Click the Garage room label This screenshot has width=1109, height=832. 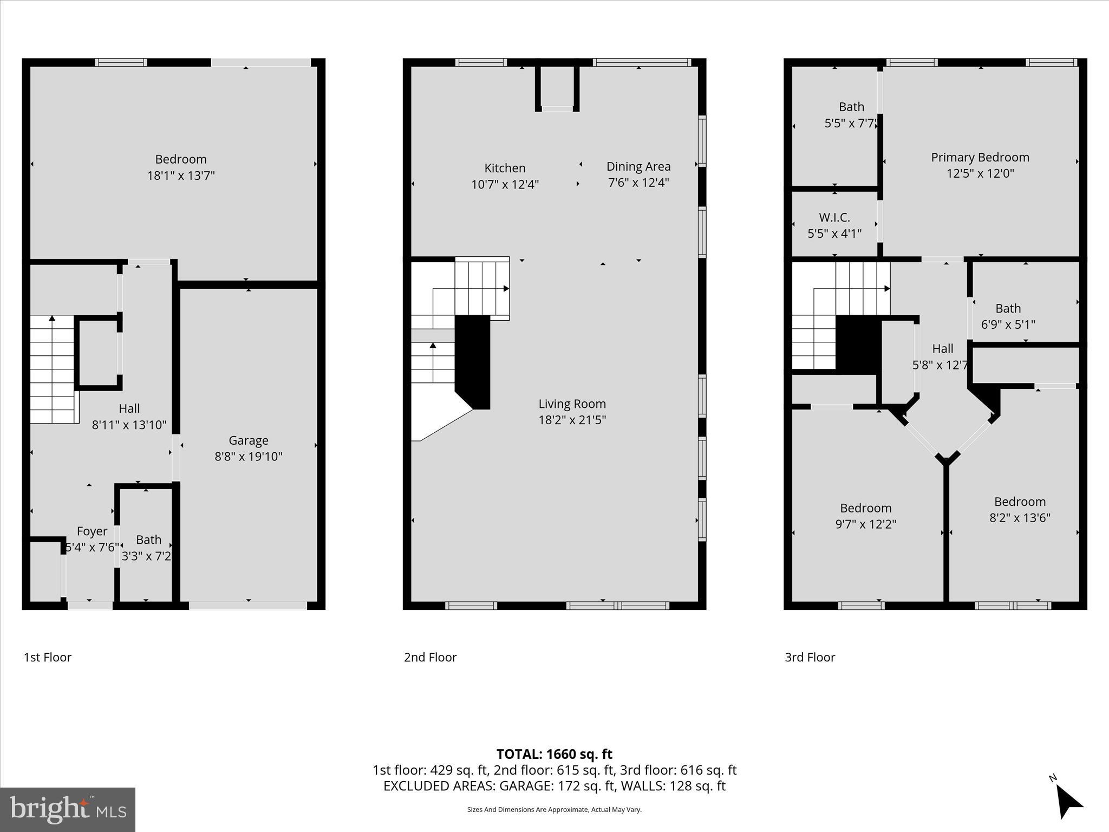248,440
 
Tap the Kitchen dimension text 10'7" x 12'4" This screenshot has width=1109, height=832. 505,185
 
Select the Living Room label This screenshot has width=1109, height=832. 572,404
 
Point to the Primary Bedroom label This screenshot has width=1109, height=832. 980,158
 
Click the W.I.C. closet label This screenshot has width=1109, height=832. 834,218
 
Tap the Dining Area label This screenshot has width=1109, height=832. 638,167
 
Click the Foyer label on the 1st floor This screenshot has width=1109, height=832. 92,531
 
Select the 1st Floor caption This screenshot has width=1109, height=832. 48,657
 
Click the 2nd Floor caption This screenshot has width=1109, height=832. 430,657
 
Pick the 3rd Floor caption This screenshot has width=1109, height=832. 810,657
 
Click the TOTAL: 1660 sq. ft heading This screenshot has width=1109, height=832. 554,754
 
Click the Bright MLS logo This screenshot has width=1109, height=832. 68,810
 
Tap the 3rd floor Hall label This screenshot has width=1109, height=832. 942,349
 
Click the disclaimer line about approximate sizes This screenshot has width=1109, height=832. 554,809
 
